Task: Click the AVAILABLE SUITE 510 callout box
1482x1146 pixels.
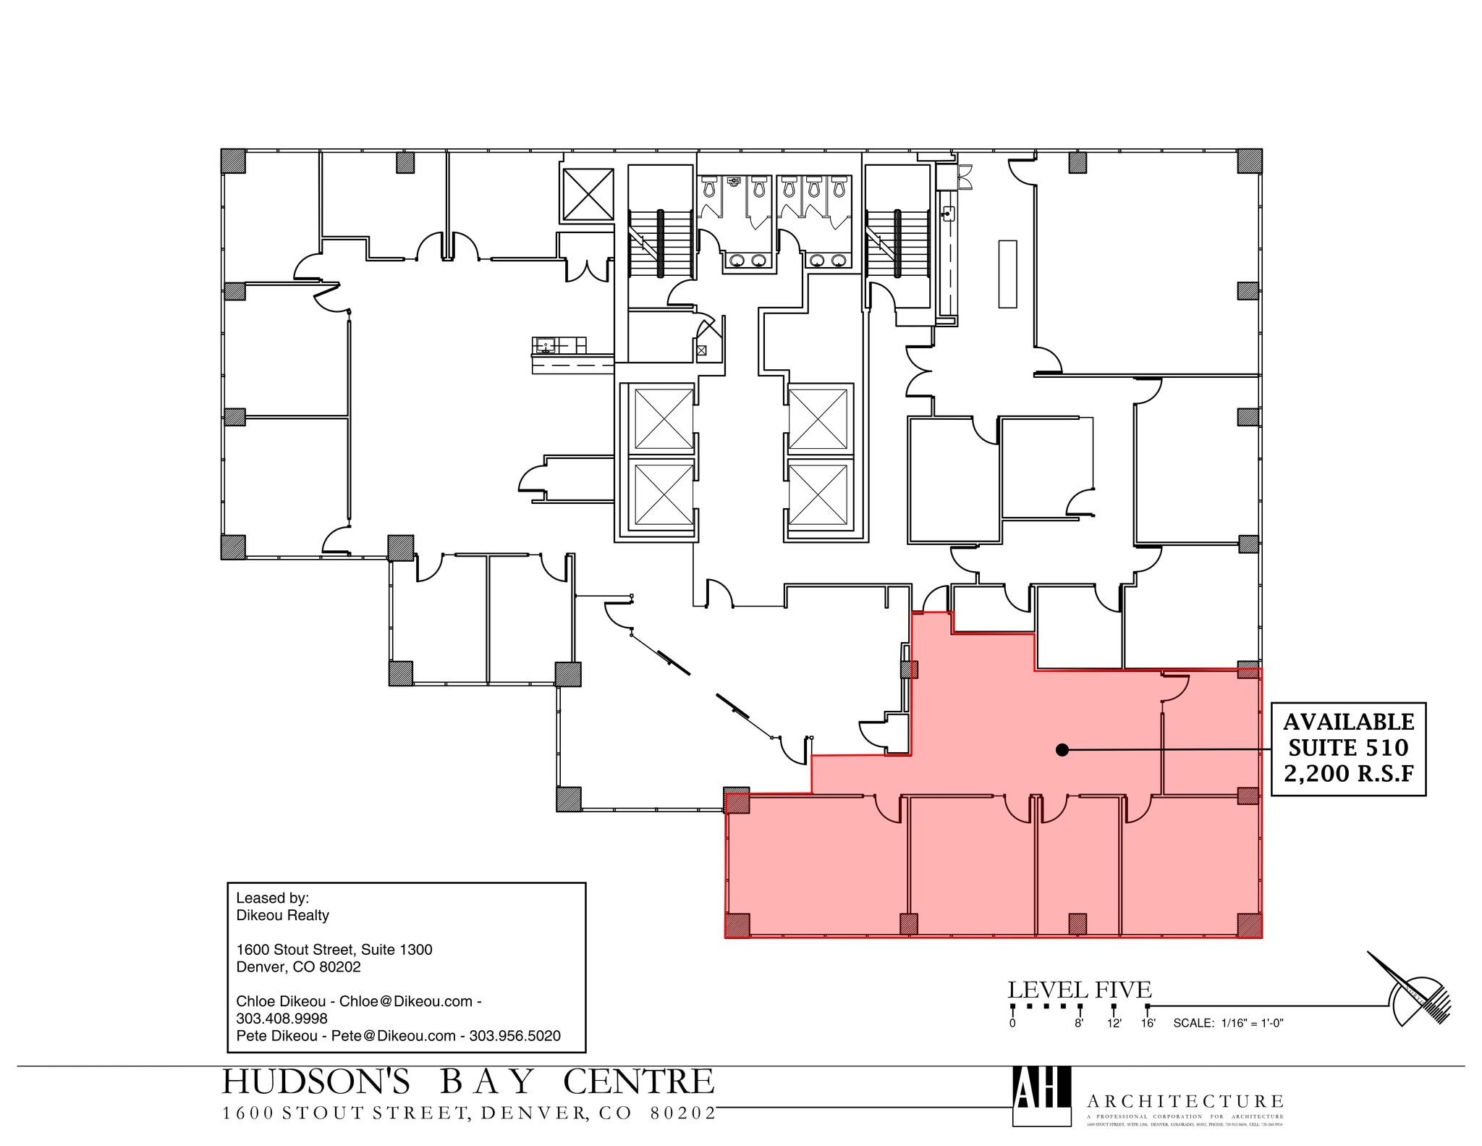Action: tap(1348, 749)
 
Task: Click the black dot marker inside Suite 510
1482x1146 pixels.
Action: tap(1062, 750)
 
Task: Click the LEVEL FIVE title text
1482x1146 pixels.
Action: tap(1079, 990)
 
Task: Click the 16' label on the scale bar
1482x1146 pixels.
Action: tap(1148, 1023)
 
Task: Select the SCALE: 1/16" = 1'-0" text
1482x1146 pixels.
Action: tap(1228, 1023)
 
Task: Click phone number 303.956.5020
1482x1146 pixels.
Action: tap(515, 1036)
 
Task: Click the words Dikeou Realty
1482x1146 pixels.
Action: tap(282, 915)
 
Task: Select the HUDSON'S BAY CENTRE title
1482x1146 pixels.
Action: tap(467, 1082)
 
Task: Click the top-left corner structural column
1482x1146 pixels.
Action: tap(233, 161)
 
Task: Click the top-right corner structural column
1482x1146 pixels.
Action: tap(1249, 161)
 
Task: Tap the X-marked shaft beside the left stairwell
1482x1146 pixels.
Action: tap(588, 193)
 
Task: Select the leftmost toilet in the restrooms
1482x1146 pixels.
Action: tap(709, 188)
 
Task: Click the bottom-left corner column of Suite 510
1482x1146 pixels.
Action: tap(737, 924)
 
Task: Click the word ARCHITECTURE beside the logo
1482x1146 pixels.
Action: tap(1185, 1101)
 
